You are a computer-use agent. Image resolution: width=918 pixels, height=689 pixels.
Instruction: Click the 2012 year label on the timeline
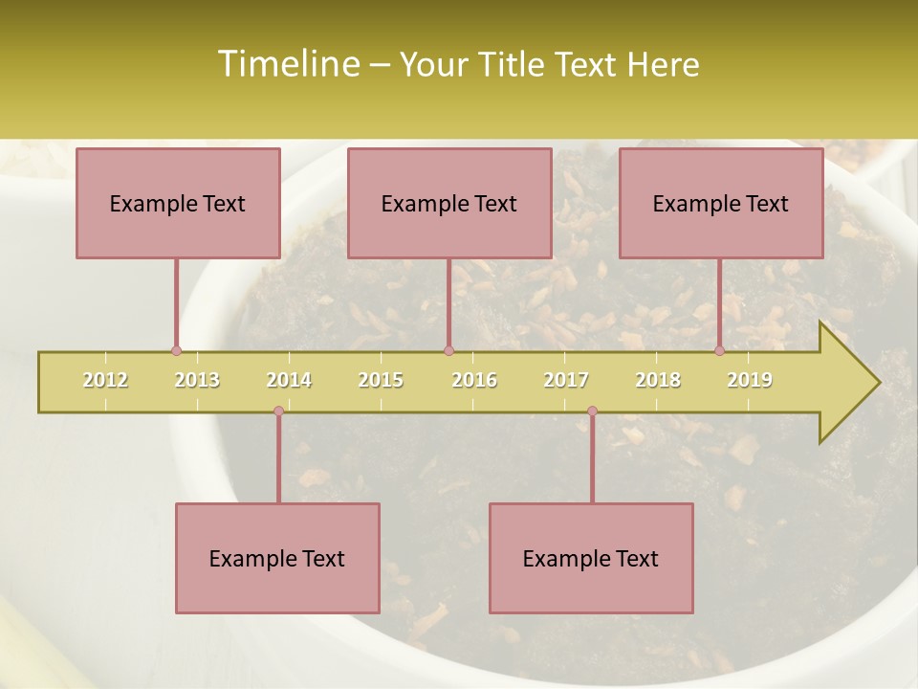click(x=105, y=380)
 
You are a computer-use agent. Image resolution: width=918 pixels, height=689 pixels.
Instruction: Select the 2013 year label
click(x=197, y=380)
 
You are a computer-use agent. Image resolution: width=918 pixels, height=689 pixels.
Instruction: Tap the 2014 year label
click(x=289, y=380)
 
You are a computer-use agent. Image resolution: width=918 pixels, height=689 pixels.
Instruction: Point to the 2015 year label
click(x=381, y=380)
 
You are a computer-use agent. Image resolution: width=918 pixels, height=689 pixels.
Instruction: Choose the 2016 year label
click(x=474, y=380)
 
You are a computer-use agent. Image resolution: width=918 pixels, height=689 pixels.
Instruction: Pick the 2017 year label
click(x=566, y=380)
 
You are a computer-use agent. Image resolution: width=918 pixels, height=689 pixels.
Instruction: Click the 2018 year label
click(x=658, y=380)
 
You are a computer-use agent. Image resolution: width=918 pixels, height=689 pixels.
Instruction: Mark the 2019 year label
click(x=750, y=380)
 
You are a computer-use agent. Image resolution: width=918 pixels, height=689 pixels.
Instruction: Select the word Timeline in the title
click(x=287, y=64)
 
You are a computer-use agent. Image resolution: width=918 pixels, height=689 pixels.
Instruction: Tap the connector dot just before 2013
click(x=176, y=351)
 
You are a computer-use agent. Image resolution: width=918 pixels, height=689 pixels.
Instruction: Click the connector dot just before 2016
click(x=448, y=351)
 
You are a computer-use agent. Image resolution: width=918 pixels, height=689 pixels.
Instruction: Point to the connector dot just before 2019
click(x=719, y=351)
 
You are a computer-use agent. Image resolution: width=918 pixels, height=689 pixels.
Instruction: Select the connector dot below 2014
click(x=278, y=411)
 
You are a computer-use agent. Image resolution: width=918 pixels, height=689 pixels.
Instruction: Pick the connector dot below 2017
click(x=592, y=411)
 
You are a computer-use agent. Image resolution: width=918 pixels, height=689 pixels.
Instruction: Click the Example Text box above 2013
click(x=178, y=203)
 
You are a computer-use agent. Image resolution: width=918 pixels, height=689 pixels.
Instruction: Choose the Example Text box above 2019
click(x=721, y=203)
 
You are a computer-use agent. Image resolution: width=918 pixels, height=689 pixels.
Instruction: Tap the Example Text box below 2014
click(x=277, y=558)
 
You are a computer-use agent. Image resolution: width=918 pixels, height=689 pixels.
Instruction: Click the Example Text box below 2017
click(x=591, y=558)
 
